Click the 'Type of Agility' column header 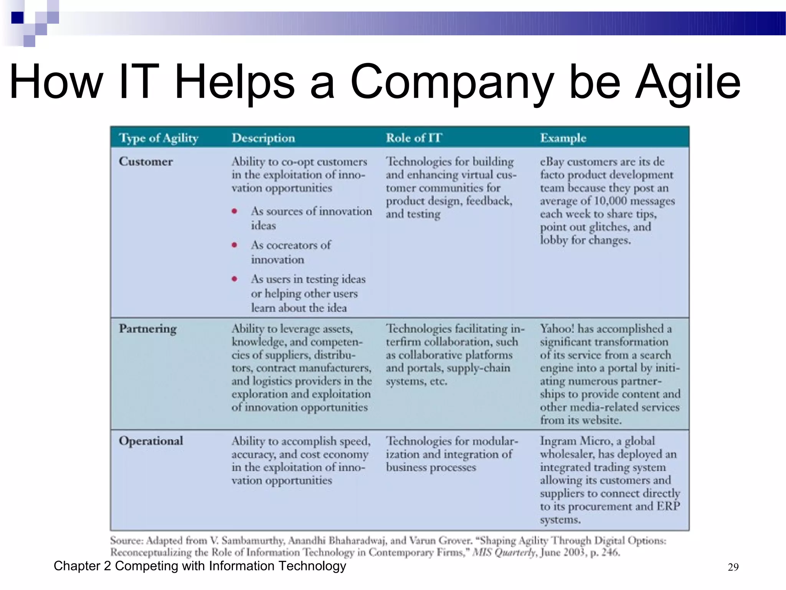tap(159, 138)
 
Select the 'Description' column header tap(263, 138)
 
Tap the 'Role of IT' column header tap(414, 138)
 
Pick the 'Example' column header tap(563, 138)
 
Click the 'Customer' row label tap(146, 161)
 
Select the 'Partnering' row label tap(148, 329)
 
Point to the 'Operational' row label tap(151, 441)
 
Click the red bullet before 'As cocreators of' tap(234, 245)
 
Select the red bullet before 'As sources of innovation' tap(234, 211)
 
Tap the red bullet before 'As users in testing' tap(234, 279)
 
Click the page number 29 tap(733, 567)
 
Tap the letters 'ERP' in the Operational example tap(668, 506)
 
